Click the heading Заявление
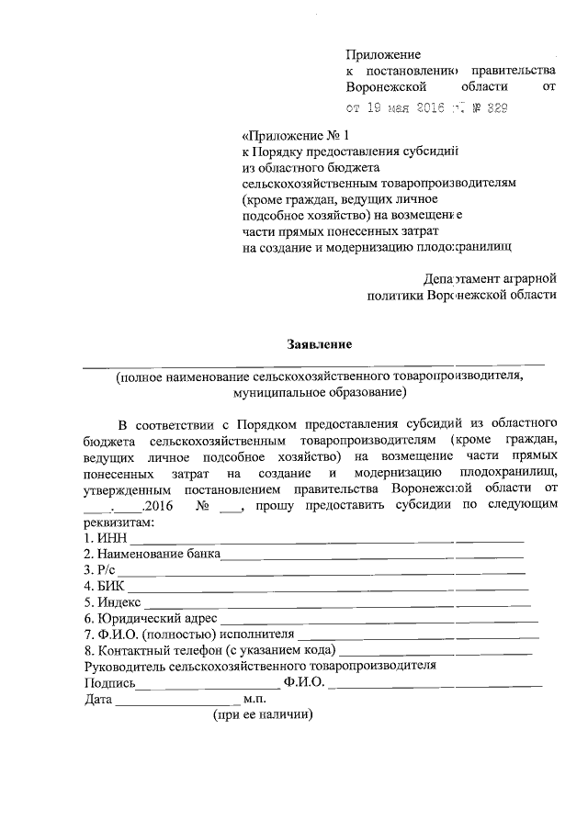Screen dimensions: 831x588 coord(320,344)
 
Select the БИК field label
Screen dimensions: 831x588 coord(107,588)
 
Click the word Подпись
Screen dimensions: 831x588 coord(110,683)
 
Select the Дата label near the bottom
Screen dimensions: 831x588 coord(98,700)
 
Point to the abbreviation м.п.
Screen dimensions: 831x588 coord(254,699)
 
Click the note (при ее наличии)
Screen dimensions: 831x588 coord(263,715)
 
